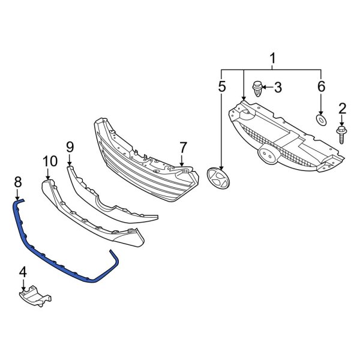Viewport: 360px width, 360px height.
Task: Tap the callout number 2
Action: click(x=343, y=108)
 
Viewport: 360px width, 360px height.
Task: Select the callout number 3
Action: click(x=278, y=88)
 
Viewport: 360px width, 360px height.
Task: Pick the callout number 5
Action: click(x=222, y=86)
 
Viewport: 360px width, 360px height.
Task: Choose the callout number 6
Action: click(x=321, y=87)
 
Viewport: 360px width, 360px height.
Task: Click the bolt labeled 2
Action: click(x=341, y=133)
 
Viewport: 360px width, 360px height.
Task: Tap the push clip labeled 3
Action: click(x=259, y=89)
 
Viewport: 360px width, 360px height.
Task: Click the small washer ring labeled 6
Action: click(x=321, y=122)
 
